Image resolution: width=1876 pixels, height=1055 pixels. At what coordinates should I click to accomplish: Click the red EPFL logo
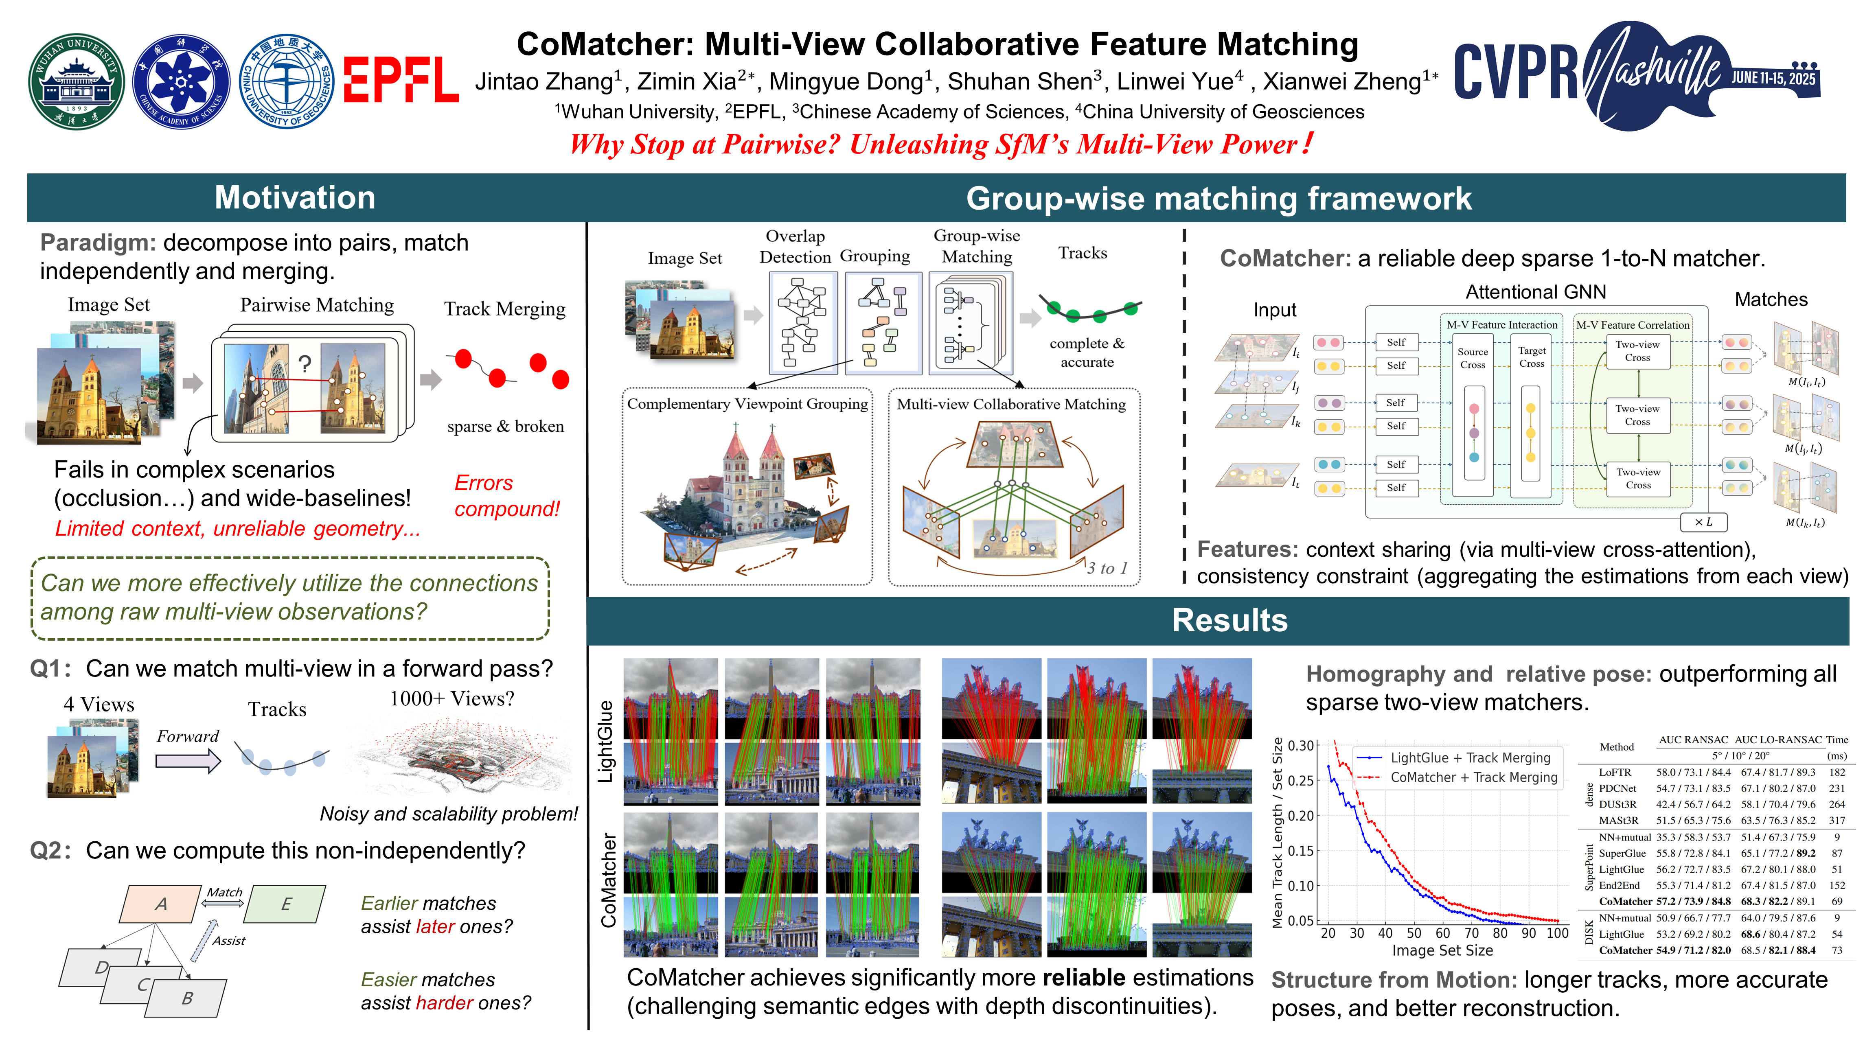pos(401,80)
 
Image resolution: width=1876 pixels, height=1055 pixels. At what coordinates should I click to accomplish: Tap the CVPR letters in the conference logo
pos(1515,73)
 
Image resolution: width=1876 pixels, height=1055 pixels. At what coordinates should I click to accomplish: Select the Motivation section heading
pos(295,198)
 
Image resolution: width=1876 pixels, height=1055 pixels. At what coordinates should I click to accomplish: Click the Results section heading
pos(1229,620)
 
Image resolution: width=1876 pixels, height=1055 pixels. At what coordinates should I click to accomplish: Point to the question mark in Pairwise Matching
pos(305,363)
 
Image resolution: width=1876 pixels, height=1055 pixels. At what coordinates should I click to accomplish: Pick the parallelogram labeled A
pos(161,904)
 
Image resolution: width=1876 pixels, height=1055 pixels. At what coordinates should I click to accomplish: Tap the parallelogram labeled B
pos(187,998)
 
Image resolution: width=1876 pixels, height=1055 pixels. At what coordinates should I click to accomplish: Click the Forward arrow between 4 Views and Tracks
pos(188,761)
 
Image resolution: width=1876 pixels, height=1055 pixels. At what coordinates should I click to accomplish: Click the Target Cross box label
pos(1532,357)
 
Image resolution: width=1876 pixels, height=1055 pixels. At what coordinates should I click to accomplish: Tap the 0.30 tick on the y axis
pos(1301,746)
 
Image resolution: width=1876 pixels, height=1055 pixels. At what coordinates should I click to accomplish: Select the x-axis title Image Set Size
pos(1442,950)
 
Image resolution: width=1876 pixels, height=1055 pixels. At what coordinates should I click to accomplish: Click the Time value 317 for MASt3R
pos(1837,821)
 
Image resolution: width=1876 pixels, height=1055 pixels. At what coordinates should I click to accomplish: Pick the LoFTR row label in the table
pos(1615,772)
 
